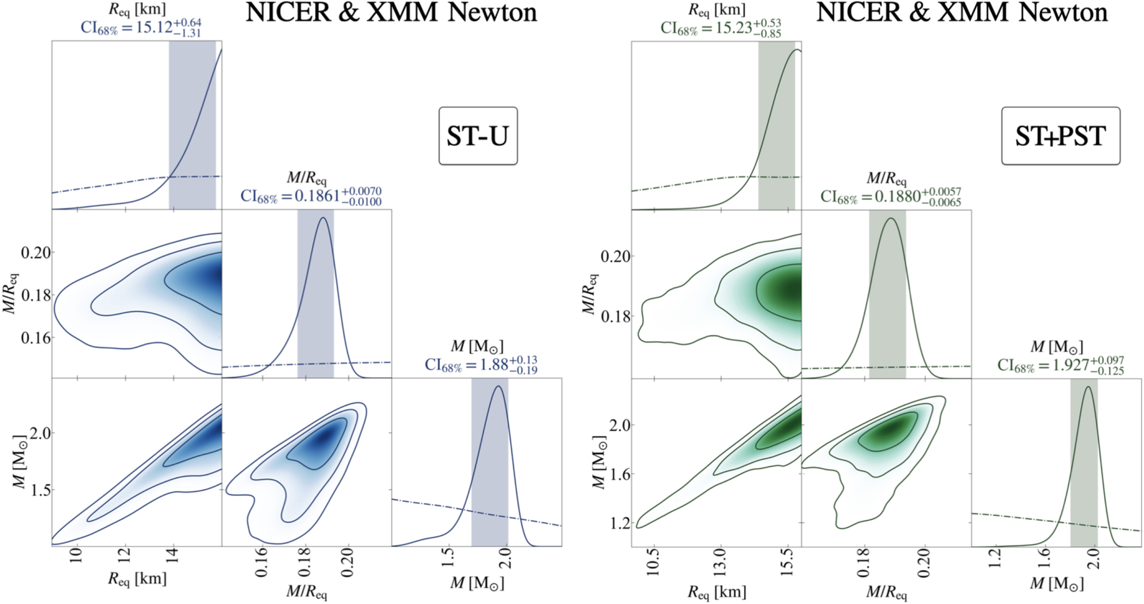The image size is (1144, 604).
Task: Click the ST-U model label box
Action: tap(478, 136)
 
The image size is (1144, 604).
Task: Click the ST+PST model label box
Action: tap(1060, 136)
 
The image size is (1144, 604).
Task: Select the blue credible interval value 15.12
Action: tap(155, 27)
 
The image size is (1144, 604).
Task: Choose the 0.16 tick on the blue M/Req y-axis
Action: tap(36, 338)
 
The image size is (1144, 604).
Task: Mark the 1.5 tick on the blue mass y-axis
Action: tap(36, 490)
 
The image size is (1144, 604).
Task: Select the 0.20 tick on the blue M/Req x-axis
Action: tap(348, 563)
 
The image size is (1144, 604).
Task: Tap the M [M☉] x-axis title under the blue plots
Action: tap(477, 583)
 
